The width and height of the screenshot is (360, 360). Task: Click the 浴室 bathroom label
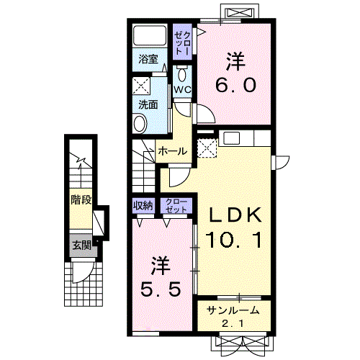pyautogui.click(x=148, y=59)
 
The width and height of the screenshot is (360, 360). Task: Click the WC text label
pyautogui.click(x=182, y=90)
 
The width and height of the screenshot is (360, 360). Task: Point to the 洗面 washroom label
pyautogui.click(x=148, y=105)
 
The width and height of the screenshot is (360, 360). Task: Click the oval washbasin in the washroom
pyautogui.click(x=140, y=124)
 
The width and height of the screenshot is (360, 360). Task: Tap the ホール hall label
pyautogui.click(x=173, y=151)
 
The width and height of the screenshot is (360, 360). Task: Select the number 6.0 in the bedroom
pyautogui.click(x=235, y=85)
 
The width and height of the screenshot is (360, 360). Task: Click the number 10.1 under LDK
pyautogui.click(x=233, y=240)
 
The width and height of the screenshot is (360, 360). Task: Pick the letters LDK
pyautogui.click(x=235, y=215)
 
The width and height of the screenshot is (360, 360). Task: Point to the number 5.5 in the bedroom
pyautogui.click(x=160, y=289)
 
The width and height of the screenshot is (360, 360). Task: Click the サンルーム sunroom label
pyautogui.click(x=233, y=310)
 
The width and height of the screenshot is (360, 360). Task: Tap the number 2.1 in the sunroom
pyautogui.click(x=233, y=324)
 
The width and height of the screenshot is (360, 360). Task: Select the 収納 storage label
pyautogui.click(x=143, y=205)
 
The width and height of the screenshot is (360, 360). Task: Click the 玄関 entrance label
pyautogui.click(x=82, y=246)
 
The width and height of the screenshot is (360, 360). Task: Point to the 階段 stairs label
pyautogui.click(x=81, y=200)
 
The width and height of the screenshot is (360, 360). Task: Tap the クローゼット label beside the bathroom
pyautogui.click(x=183, y=42)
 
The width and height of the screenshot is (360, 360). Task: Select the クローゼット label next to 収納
pyautogui.click(x=176, y=205)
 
